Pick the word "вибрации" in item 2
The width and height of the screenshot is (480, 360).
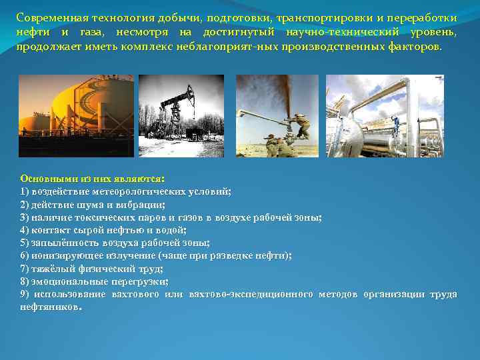(x=143, y=205)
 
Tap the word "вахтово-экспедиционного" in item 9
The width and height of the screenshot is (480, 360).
(x=250, y=294)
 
